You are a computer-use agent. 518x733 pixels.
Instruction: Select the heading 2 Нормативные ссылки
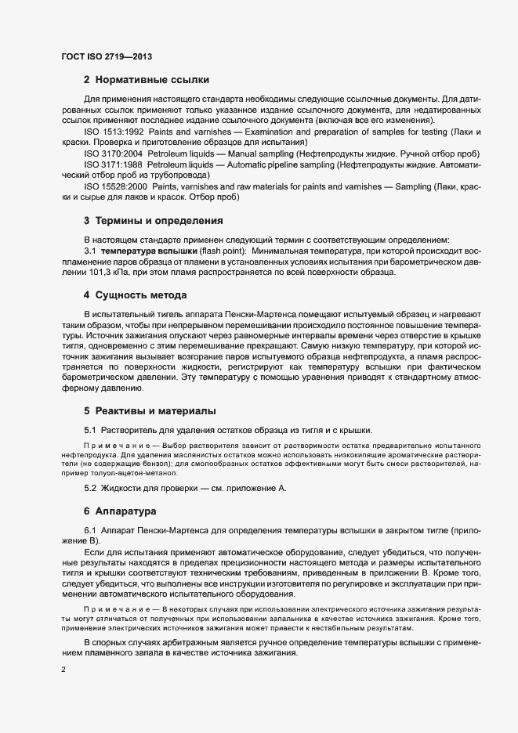coord(146,80)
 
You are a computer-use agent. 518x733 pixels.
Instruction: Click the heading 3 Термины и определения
coord(153,221)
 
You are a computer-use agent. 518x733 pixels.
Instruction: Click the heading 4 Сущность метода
coord(135,295)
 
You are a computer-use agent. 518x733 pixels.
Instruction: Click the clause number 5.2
coord(90,489)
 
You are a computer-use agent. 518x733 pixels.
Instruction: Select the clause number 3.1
coord(90,250)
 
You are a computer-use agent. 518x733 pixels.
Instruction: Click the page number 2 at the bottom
coord(63,670)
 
